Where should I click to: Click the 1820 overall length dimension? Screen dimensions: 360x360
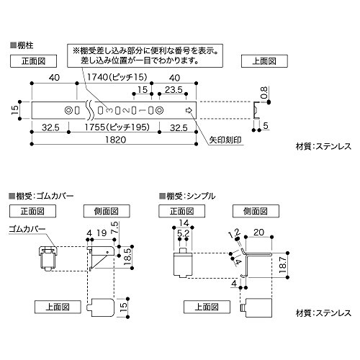click(116, 140)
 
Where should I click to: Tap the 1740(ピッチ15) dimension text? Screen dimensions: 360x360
click(117, 77)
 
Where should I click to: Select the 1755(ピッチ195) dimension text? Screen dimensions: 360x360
click(117, 127)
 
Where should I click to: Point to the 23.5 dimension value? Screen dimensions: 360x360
click(174, 90)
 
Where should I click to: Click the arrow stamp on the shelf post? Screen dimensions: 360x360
click(189, 110)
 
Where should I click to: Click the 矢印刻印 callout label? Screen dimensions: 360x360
click(225, 140)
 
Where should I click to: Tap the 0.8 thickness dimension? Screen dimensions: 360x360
click(264, 93)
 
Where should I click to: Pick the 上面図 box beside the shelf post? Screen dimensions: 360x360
click(264, 61)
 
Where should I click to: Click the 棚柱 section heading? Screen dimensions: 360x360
click(22, 45)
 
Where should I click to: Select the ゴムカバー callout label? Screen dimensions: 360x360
click(27, 229)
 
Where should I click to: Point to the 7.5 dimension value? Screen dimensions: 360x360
click(114, 228)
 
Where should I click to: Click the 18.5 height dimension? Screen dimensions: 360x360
click(128, 257)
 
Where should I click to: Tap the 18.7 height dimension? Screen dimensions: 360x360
click(283, 265)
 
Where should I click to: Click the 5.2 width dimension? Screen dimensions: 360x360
click(183, 233)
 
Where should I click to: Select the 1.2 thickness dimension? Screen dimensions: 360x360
click(234, 233)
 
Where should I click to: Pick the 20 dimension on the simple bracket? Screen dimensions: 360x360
click(258, 232)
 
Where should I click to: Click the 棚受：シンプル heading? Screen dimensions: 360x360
click(187, 196)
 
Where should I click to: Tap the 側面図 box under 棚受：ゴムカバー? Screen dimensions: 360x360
click(107, 211)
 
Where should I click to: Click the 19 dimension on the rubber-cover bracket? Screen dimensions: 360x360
click(102, 233)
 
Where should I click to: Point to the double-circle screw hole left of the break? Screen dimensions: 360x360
click(68, 110)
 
